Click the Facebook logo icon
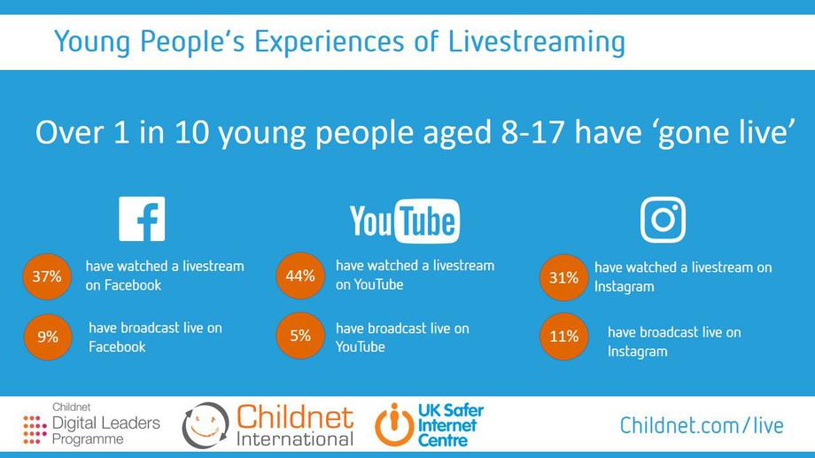[142, 219]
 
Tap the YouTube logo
[405, 221]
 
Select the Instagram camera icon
[663, 220]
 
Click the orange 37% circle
[47, 276]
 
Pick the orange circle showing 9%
[47, 337]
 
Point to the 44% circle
[300, 276]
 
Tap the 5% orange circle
[300, 336]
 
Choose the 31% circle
[564, 277]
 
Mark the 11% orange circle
[564, 337]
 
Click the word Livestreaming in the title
[537, 43]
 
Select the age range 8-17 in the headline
[532, 132]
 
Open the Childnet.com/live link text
[702, 426]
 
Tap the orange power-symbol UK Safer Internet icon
[394, 424]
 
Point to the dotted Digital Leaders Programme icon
[35, 430]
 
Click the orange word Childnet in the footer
[295, 417]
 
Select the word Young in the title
[92, 43]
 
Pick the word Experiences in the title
[329, 43]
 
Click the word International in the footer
[295, 439]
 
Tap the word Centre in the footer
[443, 441]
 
